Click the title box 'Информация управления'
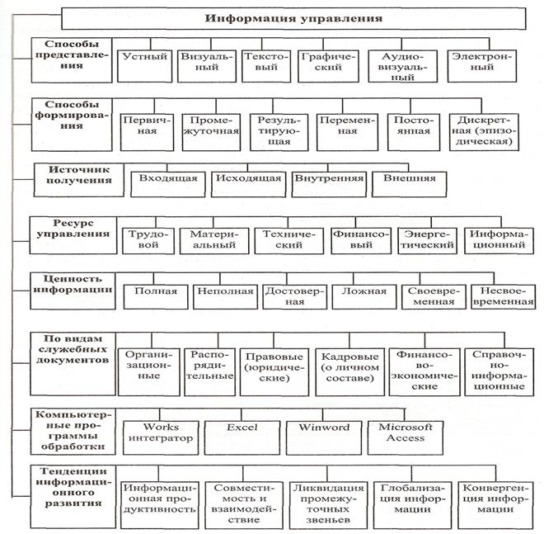coord(293,18)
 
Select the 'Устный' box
coord(145,66)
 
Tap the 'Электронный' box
coord(482,66)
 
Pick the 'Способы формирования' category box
coord(72,125)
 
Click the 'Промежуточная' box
coord(211,132)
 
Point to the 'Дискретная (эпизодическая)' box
coord(484,132)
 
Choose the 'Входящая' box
coord(168,184)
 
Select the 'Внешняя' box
coord(410,184)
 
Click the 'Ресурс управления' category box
coord(73,235)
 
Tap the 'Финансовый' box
coord(361,241)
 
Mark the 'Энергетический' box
coord(428,241)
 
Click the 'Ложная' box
coord(364,297)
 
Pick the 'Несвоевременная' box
coord(504,297)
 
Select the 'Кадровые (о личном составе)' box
coord(350,372)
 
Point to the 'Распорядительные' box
coord(210,372)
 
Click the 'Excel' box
coord(242,437)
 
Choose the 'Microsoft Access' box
coord(406,437)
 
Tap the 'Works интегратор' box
coord(161,437)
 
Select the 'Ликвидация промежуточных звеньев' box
coord(328,505)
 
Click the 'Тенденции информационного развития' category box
coord(73,497)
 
